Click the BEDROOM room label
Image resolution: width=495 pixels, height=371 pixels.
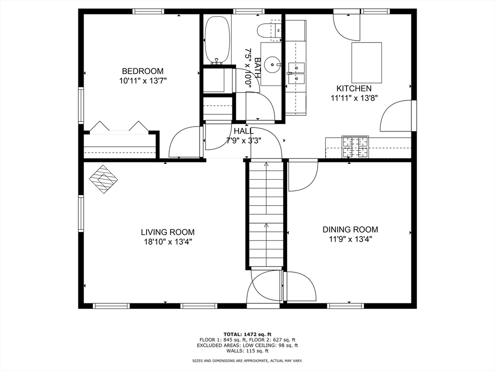pos(143,71)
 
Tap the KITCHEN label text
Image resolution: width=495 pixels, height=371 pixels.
pos(354,88)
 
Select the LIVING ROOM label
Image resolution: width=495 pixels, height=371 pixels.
pos(168,232)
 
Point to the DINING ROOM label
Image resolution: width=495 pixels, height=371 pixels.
pos(350,229)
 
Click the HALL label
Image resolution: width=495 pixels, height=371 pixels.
pos(244,131)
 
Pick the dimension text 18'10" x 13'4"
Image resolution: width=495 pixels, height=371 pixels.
pos(168,242)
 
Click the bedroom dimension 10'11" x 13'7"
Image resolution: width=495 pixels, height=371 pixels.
pos(143,81)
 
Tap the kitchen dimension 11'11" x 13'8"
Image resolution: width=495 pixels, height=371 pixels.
pos(354,98)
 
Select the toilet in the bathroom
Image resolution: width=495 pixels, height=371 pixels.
pos(269,30)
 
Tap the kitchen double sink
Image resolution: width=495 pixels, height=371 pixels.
pos(296,72)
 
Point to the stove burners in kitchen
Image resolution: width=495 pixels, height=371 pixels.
pos(355,147)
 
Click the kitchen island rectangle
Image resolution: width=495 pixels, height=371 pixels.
pos(367,63)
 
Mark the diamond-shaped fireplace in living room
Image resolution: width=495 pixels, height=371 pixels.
pos(103,179)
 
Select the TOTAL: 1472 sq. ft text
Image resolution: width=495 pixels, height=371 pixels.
pos(247,334)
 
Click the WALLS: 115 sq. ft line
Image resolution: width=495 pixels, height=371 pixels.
pos(247,351)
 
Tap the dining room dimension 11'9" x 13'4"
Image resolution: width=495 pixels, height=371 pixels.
pos(350,239)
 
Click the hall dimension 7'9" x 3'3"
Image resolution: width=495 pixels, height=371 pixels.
pos(244,141)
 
